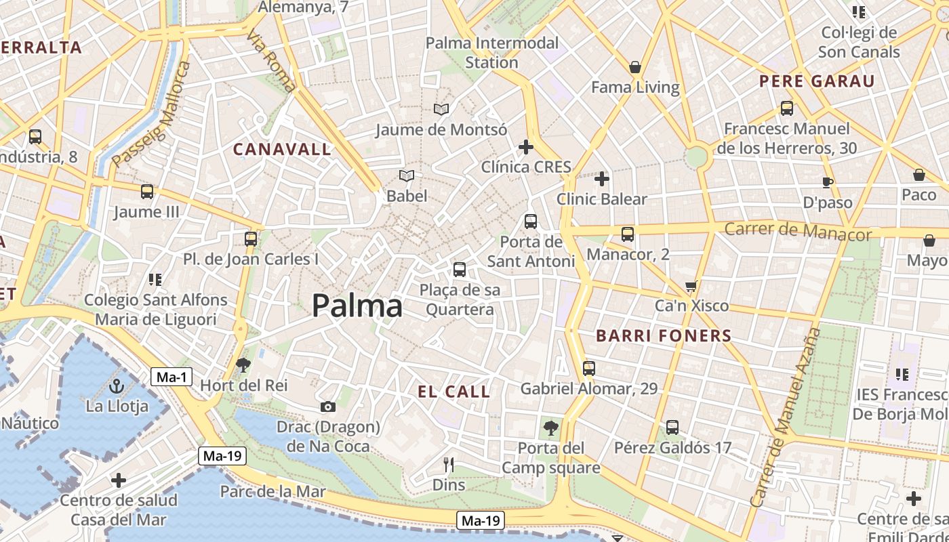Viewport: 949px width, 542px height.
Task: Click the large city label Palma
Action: click(x=357, y=306)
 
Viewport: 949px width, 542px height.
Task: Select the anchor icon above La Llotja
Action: click(x=117, y=387)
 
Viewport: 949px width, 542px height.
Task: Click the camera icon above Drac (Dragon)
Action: click(x=328, y=406)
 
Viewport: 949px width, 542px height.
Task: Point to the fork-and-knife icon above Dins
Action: click(x=448, y=465)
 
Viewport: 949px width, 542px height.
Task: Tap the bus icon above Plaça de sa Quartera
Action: click(x=460, y=270)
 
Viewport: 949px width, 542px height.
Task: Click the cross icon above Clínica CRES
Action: click(x=526, y=147)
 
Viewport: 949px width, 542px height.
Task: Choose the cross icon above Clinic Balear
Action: click(x=602, y=179)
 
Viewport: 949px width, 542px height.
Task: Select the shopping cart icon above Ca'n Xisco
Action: click(x=691, y=286)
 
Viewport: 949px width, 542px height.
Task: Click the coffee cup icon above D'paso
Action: click(x=827, y=182)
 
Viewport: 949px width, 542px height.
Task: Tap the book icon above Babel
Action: click(x=407, y=176)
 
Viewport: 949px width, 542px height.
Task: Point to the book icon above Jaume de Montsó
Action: click(x=441, y=109)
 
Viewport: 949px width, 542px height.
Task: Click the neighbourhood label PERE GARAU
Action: click(x=817, y=82)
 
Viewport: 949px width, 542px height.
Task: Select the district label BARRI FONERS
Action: click(x=664, y=335)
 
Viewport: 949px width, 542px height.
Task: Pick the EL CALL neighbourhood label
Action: click(x=453, y=392)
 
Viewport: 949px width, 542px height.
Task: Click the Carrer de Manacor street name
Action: click(x=798, y=231)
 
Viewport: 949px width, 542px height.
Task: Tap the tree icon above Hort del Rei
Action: click(x=243, y=365)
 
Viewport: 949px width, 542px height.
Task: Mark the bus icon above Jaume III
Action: click(x=147, y=192)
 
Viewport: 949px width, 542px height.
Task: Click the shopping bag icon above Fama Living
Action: click(x=635, y=67)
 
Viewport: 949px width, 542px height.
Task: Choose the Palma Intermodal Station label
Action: click(x=492, y=53)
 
